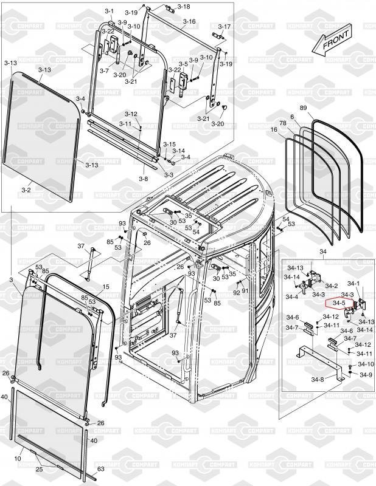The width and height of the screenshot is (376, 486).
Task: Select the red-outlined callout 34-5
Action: [338, 303]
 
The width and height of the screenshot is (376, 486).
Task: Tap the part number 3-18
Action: [183, 7]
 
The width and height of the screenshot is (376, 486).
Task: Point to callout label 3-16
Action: [189, 21]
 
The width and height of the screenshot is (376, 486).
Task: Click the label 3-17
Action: [224, 27]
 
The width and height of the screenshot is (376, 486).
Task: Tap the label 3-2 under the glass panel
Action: [26, 190]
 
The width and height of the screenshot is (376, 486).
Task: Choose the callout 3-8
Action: [143, 179]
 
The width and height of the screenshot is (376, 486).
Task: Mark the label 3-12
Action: [131, 114]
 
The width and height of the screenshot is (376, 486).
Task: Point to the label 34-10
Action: [366, 364]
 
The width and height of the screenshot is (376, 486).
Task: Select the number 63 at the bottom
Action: [101, 469]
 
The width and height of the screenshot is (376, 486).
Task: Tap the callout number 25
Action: [38, 470]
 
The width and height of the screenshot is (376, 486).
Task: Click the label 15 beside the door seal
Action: [105, 287]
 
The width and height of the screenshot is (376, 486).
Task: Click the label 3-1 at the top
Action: [110, 11]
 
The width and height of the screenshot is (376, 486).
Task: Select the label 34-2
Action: [331, 285]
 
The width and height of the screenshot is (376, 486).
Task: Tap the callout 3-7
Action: [104, 71]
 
